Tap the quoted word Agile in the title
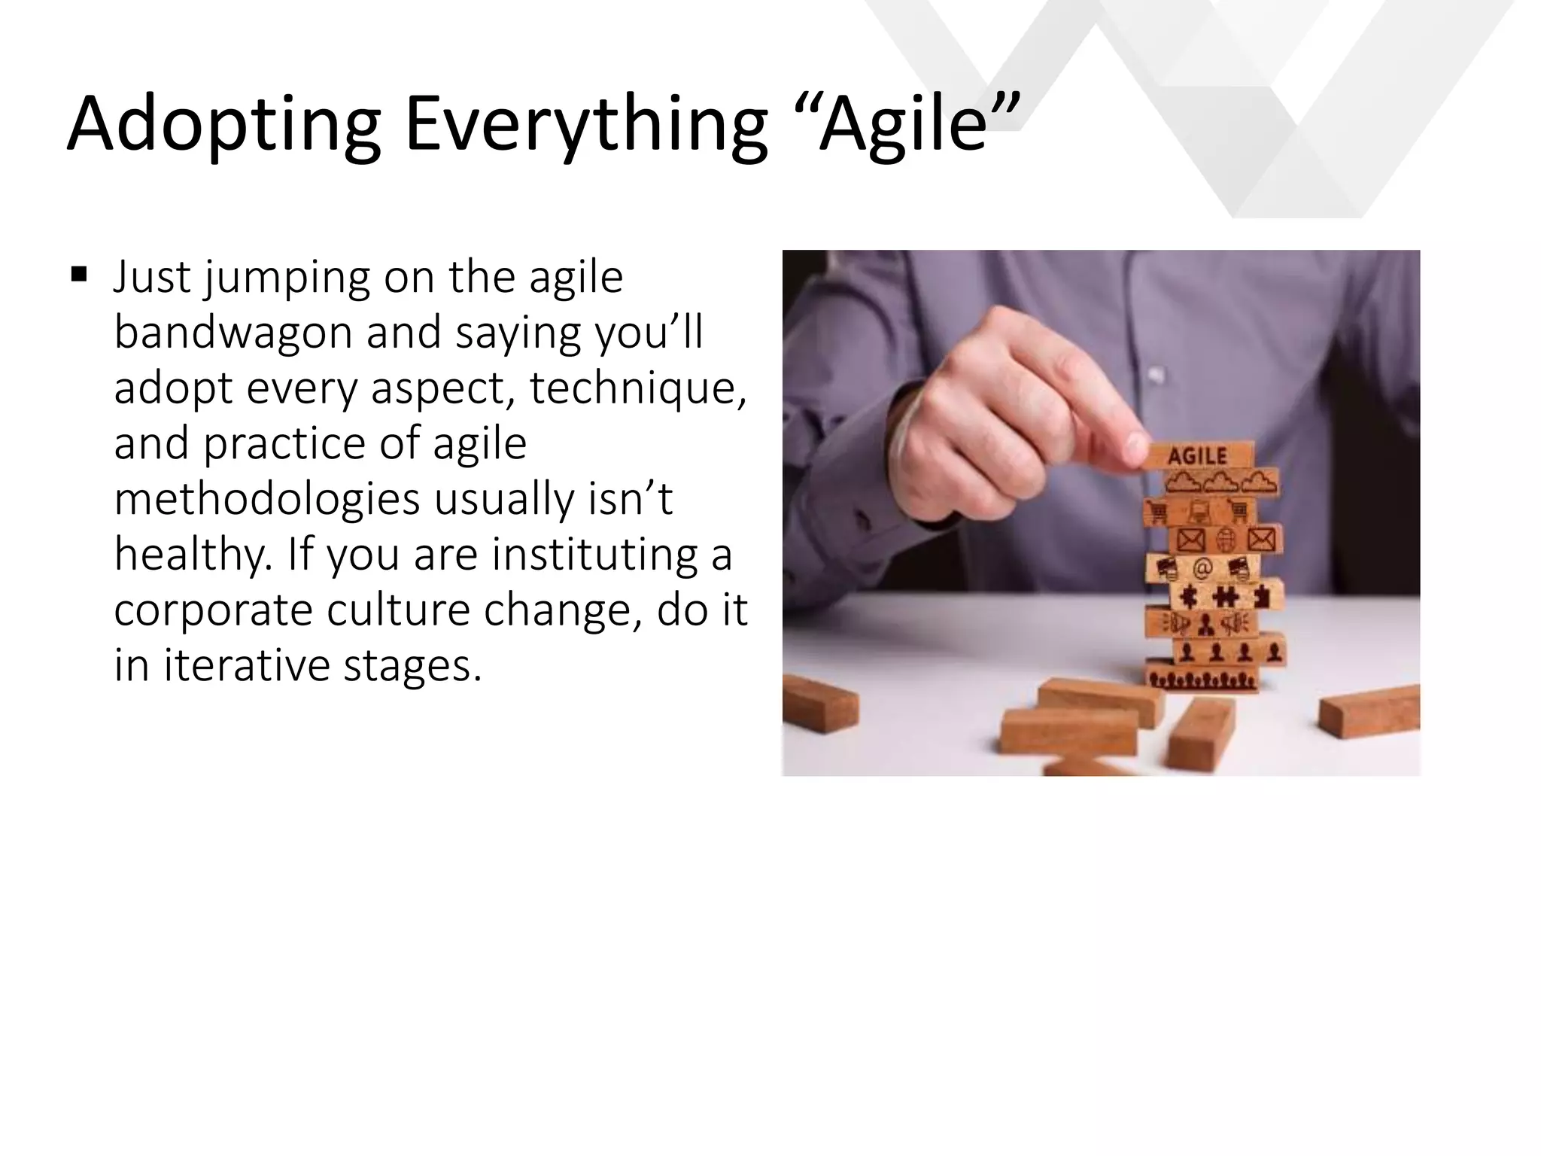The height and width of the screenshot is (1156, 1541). (x=903, y=123)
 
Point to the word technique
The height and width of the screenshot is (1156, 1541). (x=637, y=388)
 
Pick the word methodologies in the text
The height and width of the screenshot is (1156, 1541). (x=266, y=498)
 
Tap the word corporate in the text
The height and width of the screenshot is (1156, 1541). (x=212, y=610)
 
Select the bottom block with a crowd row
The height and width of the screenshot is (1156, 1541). (x=1202, y=680)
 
